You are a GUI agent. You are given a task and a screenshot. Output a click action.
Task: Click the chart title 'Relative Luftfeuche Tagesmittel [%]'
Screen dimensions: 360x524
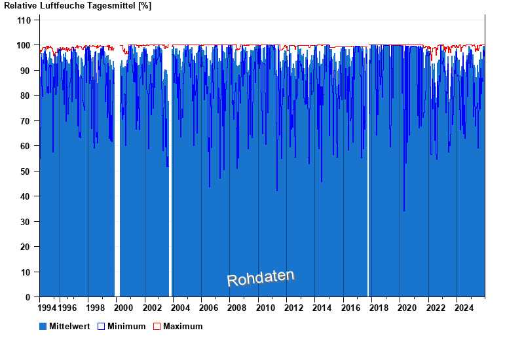pos(78,6)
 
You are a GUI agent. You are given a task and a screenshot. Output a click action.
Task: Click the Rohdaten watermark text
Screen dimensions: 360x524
pos(261,278)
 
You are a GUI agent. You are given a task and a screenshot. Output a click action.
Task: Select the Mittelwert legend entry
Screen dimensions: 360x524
pos(66,326)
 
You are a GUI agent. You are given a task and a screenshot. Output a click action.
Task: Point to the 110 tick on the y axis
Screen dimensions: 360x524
pos(24,20)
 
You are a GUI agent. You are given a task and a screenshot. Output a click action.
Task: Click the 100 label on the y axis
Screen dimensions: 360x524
pos(24,45)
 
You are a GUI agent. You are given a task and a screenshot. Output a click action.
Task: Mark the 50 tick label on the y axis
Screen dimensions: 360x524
pos(26,171)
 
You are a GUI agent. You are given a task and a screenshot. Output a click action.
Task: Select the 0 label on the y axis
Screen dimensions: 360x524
pos(29,297)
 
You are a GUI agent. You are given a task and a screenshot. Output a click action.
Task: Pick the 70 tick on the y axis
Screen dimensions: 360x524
pos(26,121)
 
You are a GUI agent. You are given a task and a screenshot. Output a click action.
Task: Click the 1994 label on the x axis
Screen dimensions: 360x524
pos(47,308)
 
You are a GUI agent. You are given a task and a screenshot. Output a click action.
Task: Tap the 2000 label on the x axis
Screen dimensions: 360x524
pos(124,308)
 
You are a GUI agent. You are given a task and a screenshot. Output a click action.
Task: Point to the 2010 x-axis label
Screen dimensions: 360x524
pos(265,308)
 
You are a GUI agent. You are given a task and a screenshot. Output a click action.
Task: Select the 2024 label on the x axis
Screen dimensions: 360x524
pos(464,308)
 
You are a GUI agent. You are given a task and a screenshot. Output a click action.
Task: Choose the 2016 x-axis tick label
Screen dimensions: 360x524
pos(350,308)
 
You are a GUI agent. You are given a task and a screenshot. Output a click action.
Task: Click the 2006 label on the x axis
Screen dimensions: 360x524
pos(209,308)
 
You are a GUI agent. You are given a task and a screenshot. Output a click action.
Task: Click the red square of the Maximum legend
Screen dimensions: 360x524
pos(157,326)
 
